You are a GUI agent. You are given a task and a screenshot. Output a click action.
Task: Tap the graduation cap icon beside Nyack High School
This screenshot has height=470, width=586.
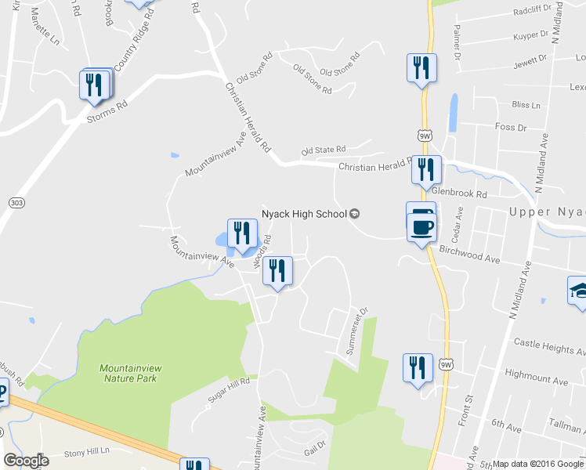pyautogui.click(x=354, y=214)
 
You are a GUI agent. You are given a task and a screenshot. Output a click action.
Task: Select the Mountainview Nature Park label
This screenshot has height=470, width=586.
pyautogui.click(x=129, y=373)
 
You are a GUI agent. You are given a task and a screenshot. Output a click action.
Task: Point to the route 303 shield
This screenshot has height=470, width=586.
pyautogui.click(x=16, y=202)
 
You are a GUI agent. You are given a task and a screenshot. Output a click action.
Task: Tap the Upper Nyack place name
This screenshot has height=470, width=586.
pyautogui.click(x=547, y=211)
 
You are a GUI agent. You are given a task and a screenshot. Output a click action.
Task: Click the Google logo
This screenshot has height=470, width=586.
pyautogui.click(x=25, y=461)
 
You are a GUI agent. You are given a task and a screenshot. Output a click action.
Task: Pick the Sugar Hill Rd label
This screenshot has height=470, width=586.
pyautogui.click(x=228, y=389)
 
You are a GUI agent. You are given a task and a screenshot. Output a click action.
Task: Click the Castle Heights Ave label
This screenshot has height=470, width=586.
pyautogui.click(x=548, y=343)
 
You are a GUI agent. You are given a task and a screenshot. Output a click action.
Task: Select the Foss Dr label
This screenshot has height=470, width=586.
pyautogui.click(x=511, y=127)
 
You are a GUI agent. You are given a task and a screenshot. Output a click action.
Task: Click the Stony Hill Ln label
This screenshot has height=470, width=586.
pyautogui.click(x=87, y=453)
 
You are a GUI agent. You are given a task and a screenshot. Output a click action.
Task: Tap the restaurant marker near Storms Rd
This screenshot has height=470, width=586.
pyautogui.click(x=95, y=85)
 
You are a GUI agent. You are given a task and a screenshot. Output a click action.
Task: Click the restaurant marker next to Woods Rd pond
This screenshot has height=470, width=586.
pyautogui.click(x=241, y=233)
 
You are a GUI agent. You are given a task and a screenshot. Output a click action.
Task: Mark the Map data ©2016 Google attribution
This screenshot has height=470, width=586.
pyautogui.click(x=537, y=464)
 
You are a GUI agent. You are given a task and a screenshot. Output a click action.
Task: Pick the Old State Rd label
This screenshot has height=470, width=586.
pyautogui.click(x=324, y=150)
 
